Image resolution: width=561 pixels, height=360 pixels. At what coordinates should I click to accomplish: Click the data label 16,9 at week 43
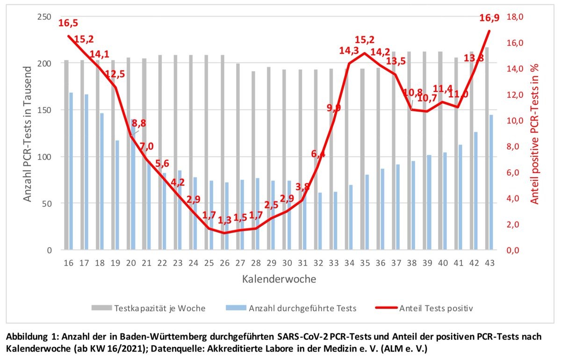coord(489,18)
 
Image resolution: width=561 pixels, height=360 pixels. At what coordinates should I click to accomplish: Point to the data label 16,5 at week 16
coord(68,23)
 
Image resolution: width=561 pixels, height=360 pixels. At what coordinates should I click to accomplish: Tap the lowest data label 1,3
coord(224,220)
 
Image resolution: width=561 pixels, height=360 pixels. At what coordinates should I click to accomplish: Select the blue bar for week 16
coord(71,171)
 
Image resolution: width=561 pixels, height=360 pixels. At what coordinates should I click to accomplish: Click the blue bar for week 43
coord(491,182)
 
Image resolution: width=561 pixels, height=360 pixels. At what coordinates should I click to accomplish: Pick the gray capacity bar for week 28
coord(253,160)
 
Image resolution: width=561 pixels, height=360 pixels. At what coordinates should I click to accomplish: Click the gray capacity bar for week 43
coord(487,149)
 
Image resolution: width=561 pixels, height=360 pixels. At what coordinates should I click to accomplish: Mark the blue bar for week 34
coord(351,217)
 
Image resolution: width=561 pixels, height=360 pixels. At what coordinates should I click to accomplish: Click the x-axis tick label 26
coord(224,263)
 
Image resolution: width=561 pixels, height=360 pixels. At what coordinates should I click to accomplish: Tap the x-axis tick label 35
coord(365,263)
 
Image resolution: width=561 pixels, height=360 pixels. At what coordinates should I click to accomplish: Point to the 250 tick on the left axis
coord(44,17)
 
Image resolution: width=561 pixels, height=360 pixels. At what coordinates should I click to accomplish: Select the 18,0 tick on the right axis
coord(515,17)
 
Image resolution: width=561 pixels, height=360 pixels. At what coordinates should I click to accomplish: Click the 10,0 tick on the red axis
coord(515,121)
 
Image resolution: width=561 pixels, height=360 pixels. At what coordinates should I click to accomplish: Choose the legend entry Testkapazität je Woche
coord(148,308)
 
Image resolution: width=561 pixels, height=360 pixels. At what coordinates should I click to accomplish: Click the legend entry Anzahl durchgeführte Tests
coord(291,308)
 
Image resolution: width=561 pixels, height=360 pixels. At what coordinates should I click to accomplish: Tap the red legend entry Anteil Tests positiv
coord(424,308)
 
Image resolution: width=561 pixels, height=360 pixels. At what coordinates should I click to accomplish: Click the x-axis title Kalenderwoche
coord(279,279)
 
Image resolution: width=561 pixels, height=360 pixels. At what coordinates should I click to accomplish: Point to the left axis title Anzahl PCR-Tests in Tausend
coord(27,134)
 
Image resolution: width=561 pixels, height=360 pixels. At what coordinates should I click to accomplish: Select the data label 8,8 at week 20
coord(139,123)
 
